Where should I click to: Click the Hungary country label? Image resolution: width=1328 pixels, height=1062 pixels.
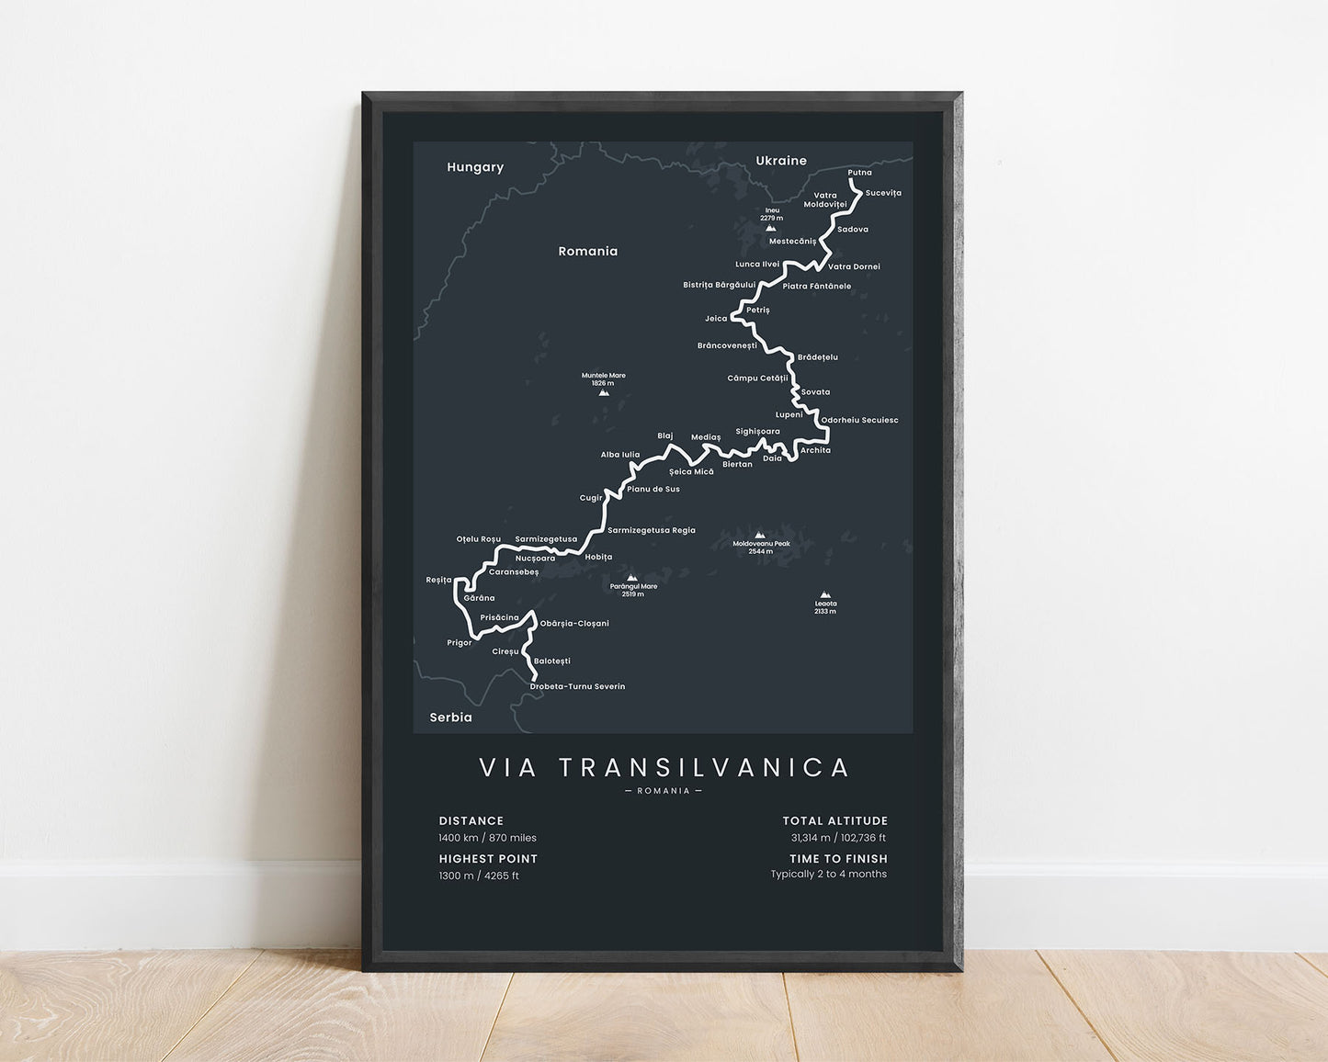(x=475, y=167)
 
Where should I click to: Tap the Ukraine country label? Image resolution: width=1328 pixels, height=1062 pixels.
(x=781, y=161)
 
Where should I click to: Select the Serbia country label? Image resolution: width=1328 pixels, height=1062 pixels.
(x=450, y=717)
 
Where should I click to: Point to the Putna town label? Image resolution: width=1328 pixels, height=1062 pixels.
(x=859, y=173)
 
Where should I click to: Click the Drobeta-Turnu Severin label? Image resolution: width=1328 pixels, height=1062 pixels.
(x=577, y=687)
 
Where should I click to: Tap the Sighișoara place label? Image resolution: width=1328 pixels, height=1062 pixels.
(x=757, y=431)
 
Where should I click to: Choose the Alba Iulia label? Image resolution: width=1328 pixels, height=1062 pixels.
(x=620, y=455)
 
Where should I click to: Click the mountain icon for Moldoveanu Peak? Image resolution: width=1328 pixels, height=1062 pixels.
(x=760, y=535)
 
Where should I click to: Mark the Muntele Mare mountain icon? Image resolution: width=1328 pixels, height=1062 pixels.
(x=604, y=393)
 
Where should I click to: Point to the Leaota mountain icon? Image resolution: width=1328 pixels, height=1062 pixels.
(x=824, y=594)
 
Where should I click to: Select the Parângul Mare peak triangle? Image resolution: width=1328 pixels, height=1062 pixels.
(x=631, y=578)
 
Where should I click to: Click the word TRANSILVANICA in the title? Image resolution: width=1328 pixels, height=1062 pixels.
(x=704, y=768)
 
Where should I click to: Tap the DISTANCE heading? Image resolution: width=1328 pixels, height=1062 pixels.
(x=471, y=821)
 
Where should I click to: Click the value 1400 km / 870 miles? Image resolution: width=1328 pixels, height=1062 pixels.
(x=487, y=838)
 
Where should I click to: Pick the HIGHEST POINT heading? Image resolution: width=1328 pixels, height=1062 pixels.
(x=488, y=859)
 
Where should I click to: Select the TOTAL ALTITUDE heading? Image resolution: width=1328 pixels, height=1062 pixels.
(x=834, y=821)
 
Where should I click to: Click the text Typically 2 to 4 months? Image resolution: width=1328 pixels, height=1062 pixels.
(x=828, y=875)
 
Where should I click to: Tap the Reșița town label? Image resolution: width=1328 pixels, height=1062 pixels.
(x=438, y=580)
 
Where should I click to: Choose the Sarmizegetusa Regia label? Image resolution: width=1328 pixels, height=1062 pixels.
(x=652, y=530)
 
